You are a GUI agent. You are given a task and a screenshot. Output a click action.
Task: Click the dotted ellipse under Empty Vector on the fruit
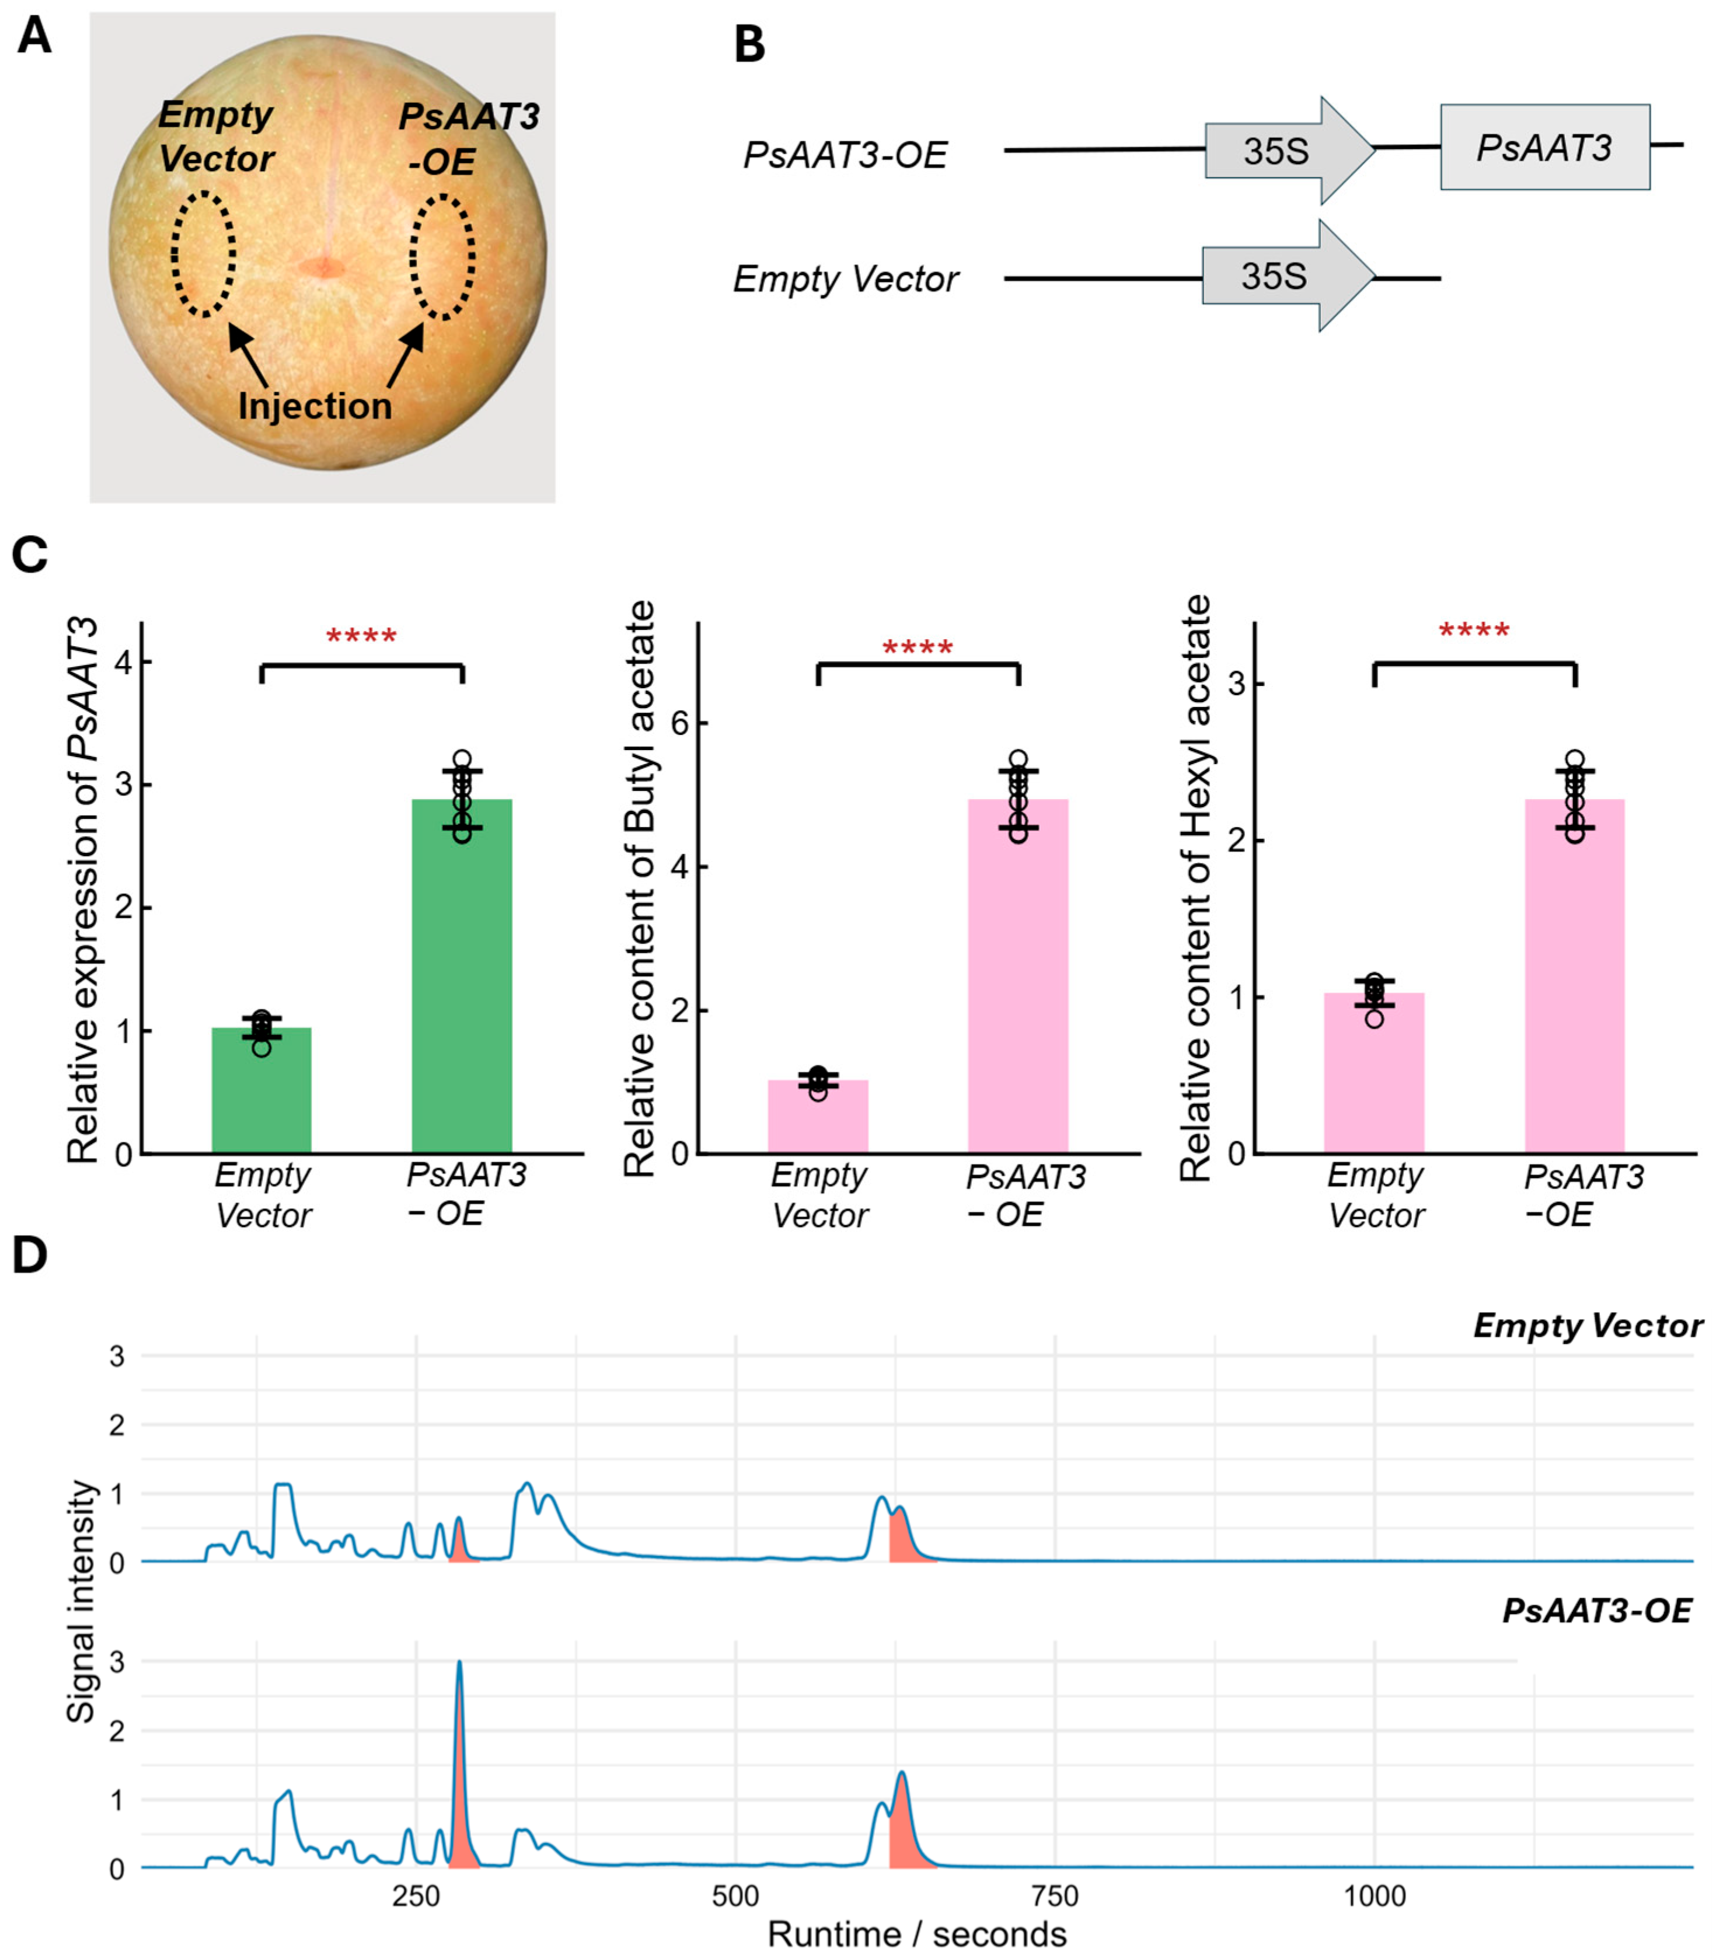click(x=203, y=254)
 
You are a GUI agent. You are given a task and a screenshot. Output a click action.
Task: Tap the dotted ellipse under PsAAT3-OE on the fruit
click(x=442, y=257)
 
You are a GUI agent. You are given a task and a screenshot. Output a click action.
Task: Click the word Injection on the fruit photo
click(x=315, y=406)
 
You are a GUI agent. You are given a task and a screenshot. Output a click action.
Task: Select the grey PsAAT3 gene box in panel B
click(x=1544, y=148)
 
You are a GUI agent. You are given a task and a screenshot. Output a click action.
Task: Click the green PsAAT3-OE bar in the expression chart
click(x=462, y=977)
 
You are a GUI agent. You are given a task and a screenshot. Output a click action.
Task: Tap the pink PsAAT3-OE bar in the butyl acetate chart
click(x=1018, y=977)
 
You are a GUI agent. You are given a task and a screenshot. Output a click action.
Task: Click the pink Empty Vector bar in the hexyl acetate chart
click(x=1374, y=1072)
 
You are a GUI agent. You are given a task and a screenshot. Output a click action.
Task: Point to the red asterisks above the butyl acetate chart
click(x=918, y=648)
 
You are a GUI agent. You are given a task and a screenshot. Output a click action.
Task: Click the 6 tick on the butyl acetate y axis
click(x=681, y=723)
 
